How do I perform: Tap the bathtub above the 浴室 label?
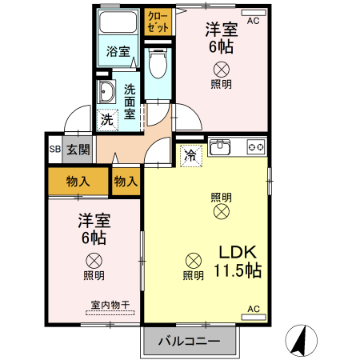119,25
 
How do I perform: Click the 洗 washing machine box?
106,119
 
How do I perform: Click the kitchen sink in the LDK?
220,147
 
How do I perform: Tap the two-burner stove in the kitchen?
255,146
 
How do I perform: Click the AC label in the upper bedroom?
254,21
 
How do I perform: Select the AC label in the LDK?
254,309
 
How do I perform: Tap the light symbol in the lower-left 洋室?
94,259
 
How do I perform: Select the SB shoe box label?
54,150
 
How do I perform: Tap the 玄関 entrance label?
78,150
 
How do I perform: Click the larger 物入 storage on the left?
77,182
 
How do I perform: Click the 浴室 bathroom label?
118,52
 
